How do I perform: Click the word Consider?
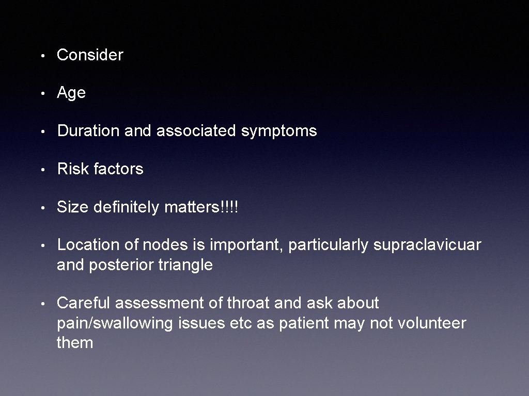[90, 55]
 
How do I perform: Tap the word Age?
[71, 93]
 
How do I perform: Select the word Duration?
[89, 131]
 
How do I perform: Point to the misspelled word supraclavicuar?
[427, 245]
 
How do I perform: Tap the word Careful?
[84, 303]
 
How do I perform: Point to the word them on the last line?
[75, 343]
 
